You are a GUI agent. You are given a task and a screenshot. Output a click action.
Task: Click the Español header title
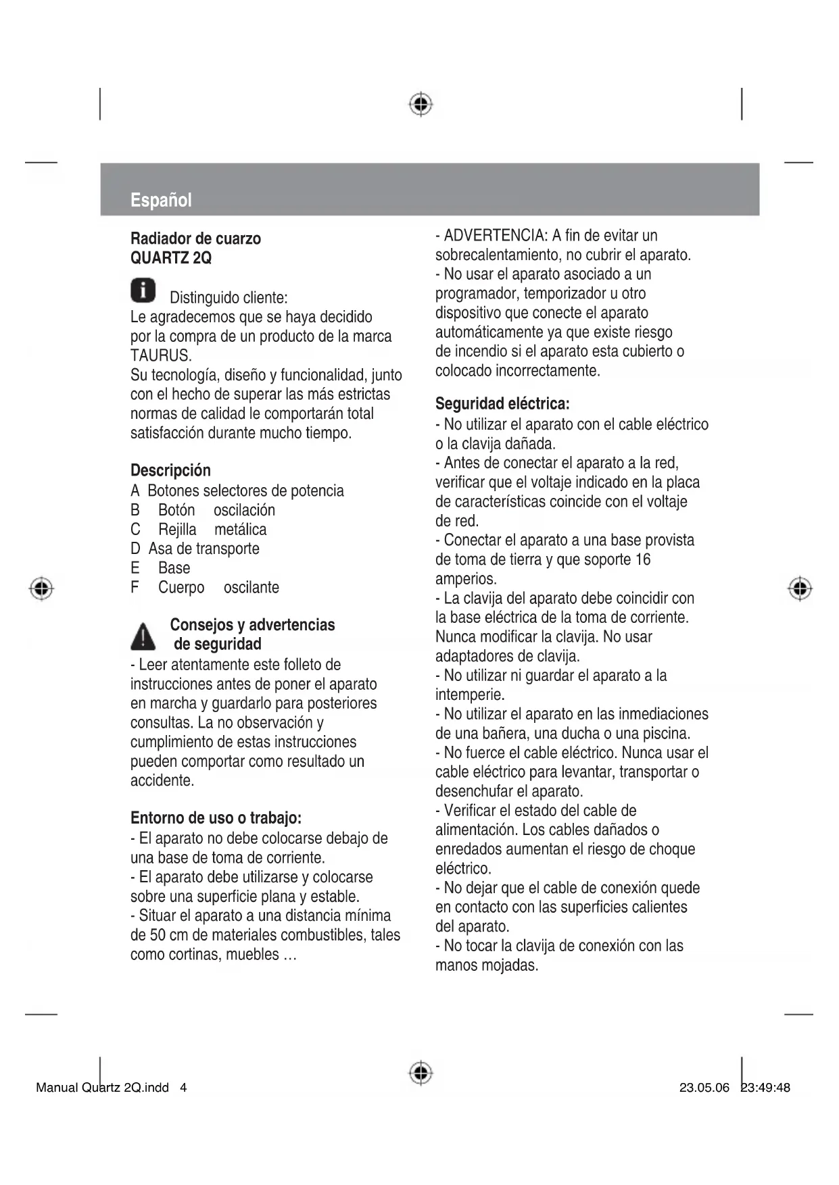tap(161, 200)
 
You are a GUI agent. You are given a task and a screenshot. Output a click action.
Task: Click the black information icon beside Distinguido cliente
tap(143, 290)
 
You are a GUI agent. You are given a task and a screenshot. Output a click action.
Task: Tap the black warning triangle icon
tap(143, 636)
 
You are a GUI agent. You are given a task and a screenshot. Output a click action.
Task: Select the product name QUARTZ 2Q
tap(171, 258)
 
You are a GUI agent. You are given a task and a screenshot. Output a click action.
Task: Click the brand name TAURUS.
tap(161, 355)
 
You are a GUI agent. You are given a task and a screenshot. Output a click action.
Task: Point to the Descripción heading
tap(170, 470)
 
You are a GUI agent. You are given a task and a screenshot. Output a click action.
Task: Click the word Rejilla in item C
tap(177, 530)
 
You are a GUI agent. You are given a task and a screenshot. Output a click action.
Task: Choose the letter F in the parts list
tap(135, 588)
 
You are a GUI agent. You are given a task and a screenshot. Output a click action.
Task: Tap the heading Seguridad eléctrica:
tap(502, 404)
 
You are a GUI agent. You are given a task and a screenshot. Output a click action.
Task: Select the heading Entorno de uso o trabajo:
tap(216, 818)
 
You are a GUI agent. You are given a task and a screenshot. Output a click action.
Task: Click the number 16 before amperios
tap(642, 559)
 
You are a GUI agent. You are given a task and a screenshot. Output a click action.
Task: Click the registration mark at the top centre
tap(421, 104)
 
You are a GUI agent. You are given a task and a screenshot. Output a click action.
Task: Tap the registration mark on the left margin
tap(41, 588)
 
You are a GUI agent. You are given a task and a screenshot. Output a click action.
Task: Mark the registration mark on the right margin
tap(800, 588)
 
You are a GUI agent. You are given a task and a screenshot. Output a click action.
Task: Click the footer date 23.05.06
tap(704, 1088)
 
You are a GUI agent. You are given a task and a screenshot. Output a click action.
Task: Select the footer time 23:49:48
tap(765, 1088)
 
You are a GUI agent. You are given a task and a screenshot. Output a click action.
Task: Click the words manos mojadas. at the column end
tap(487, 965)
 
